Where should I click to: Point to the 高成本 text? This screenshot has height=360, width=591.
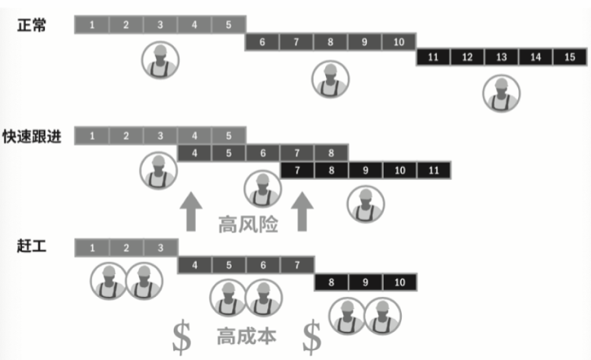[246, 335]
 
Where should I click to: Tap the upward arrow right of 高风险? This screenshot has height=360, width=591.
[304, 211]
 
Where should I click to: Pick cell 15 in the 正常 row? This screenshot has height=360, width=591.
[570, 58]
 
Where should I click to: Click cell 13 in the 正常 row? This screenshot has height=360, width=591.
[501, 58]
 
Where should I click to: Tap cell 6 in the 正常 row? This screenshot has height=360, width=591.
[262, 42]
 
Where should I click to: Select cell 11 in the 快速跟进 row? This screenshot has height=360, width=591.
[433, 170]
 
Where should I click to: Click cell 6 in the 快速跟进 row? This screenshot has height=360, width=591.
[263, 153]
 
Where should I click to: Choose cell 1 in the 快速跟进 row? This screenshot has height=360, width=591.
[92, 136]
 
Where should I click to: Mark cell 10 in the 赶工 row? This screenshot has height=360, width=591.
[399, 282]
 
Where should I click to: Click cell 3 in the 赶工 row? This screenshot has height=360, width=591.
[160, 248]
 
